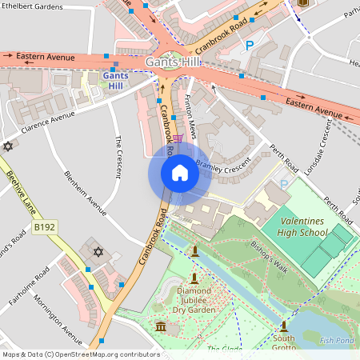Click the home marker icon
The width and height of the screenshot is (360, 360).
pos(180,173)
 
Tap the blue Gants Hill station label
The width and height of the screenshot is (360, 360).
pos(115,81)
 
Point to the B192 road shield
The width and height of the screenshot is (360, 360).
pos(45,228)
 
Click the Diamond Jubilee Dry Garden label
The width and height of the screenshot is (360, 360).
pos(197,299)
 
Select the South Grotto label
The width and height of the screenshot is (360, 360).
pos(283,343)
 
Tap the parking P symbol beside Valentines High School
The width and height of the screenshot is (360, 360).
pos(285,185)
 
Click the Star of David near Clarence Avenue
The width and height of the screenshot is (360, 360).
pos(9,146)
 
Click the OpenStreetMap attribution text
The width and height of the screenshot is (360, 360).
pos(80,354)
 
